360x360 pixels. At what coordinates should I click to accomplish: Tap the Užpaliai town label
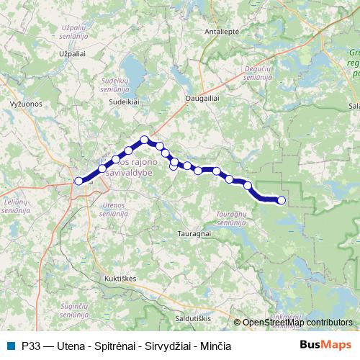click(x=71, y=54)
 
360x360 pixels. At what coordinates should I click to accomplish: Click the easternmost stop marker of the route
click(x=282, y=200)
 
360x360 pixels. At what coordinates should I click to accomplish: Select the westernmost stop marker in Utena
click(x=79, y=181)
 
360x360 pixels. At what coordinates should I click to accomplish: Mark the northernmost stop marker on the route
click(x=145, y=140)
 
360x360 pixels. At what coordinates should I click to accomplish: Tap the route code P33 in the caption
click(x=30, y=346)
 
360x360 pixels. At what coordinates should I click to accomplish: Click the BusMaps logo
click(x=326, y=345)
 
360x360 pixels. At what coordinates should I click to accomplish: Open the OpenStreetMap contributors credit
click(x=297, y=323)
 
